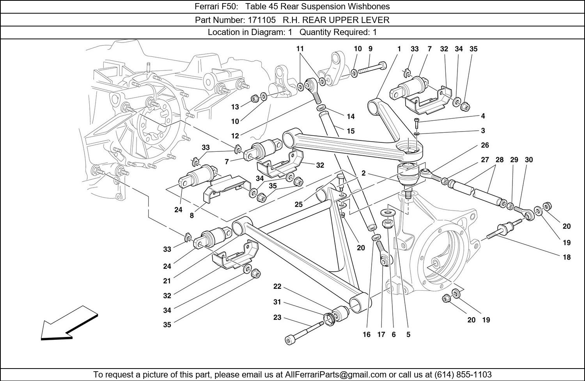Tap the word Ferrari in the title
206,7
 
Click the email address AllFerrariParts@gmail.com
335,374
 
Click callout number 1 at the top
399,49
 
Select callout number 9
370,49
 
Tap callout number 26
485,145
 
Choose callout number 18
567,257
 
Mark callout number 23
277,318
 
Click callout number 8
192,215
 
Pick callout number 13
235,107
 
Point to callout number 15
351,131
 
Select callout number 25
299,205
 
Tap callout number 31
277,302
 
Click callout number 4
483,116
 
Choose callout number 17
381,334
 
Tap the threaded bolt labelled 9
372,69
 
